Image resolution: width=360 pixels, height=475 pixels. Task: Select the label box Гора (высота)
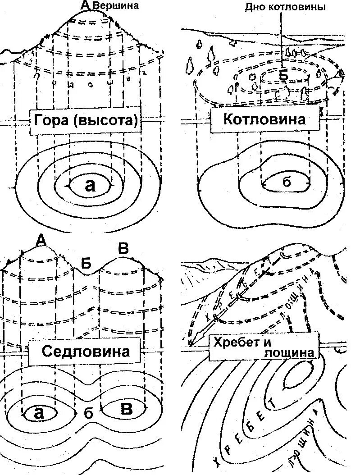[x=84, y=121]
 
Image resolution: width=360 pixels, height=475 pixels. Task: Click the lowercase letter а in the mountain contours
[x=90, y=185]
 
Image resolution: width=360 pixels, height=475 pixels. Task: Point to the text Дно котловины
[x=285, y=7]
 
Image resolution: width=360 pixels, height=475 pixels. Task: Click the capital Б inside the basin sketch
[x=283, y=76]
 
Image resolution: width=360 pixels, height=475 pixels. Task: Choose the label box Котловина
[x=264, y=120]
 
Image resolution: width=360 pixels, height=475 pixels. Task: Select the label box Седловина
[x=86, y=352]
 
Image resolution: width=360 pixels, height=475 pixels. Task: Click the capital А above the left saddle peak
[x=41, y=241]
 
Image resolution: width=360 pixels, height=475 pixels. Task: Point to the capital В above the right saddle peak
[x=123, y=248]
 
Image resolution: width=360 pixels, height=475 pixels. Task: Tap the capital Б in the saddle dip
[x=86, y=263]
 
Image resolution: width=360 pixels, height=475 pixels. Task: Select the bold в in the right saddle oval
[x=127, y=409]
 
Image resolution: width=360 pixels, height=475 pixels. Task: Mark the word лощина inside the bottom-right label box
[x=291, y=353]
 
